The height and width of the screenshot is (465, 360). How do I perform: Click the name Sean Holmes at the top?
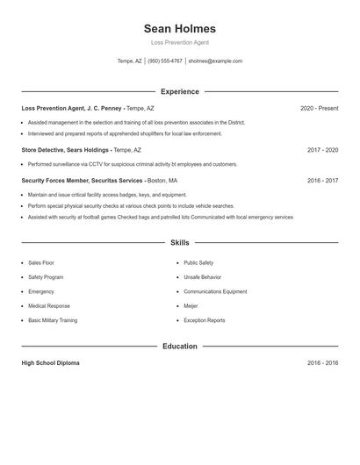coord(179,28)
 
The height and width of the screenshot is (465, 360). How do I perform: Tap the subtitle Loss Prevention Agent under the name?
coord(179,42)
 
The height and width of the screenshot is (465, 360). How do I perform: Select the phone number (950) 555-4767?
coord(165,61)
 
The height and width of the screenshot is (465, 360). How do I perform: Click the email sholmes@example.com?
coord(215,61)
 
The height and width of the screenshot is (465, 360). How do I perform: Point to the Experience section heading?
coord(179,91)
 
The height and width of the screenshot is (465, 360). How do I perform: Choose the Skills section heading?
coord(179,242)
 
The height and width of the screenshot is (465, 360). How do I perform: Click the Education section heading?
coord(179,346)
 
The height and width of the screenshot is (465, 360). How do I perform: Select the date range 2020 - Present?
coord(319,108)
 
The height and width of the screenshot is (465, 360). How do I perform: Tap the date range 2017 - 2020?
coord(322,150)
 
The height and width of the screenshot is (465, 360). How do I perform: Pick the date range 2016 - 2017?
coord(322,181)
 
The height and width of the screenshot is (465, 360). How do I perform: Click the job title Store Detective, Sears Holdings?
coord(66,150)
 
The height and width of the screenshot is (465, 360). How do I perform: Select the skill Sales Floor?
coord(40,262)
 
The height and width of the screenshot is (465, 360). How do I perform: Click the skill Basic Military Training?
coord(52,320)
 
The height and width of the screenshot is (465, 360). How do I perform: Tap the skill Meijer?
coord(191,306)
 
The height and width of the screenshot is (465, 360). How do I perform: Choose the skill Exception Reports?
coord(204,320)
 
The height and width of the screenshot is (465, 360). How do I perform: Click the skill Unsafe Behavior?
coord(202,276)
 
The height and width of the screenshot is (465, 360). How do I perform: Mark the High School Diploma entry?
coord(50,362)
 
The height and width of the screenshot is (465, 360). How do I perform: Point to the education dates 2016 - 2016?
coord(322,362)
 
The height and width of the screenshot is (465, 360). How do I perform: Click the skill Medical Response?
coord(48,306)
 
